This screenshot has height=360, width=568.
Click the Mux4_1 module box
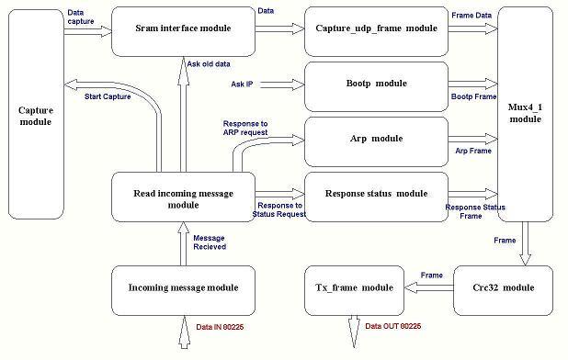click(525, 113)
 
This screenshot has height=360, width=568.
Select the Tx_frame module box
click(355, 288)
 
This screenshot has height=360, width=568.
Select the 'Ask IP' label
click(244, 84)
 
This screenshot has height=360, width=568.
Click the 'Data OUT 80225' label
click(392, 326)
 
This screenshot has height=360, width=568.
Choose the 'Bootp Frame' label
click(472, 96)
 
